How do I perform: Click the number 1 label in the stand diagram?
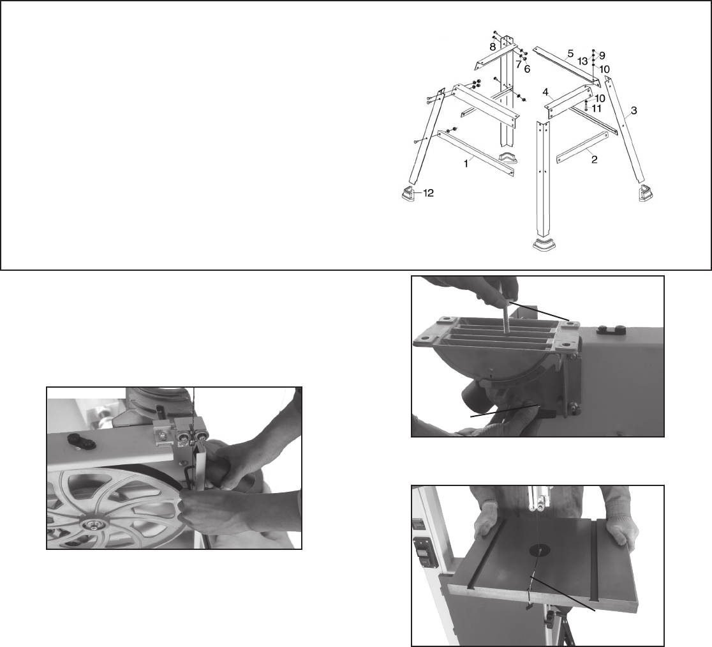(x=466, y=164)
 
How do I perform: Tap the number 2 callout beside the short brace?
(x=594, y=160)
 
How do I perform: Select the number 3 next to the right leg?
(x=634, y=110)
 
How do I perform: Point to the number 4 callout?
(x=546, y=93)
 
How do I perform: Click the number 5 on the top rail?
(x=570, y=53)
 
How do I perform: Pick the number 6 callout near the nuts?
(x=527, y=69)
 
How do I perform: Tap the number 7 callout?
(x=519, y=65)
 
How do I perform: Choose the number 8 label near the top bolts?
(x=493, y=47)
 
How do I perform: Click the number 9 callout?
(x=602, y=56)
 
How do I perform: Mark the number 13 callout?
(x=582, y=61)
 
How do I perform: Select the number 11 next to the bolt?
(x=597, y=108)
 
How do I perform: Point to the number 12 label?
(x=428, y=194)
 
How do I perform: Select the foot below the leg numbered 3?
(x=645, y=194)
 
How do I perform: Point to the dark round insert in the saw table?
(x=539, y=551)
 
